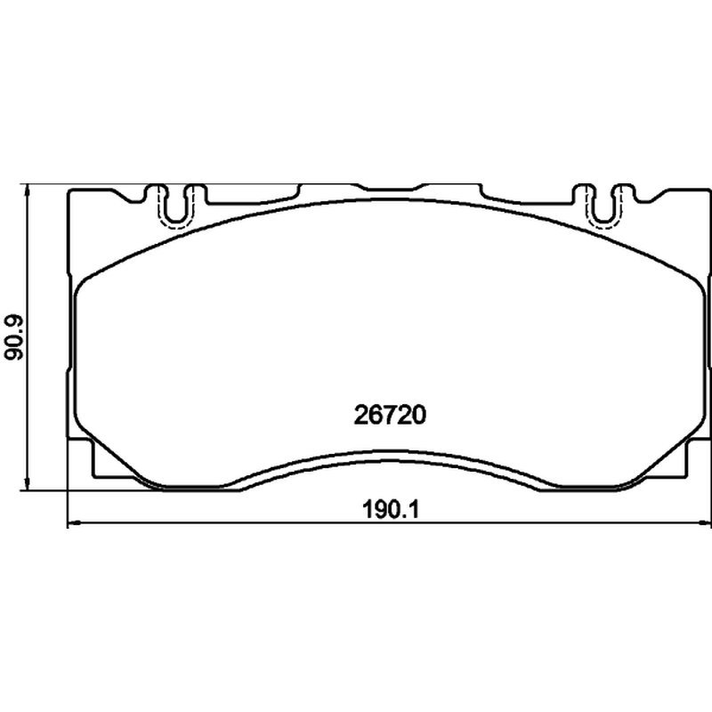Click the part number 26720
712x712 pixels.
390,415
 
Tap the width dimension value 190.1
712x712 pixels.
390,509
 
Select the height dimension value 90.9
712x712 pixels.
13,338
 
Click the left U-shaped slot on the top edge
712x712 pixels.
174,206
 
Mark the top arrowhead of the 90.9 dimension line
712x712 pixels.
28,190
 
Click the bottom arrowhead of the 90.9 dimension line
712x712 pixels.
28,484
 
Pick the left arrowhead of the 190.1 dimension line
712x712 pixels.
74,523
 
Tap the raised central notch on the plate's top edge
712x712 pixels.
390,186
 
